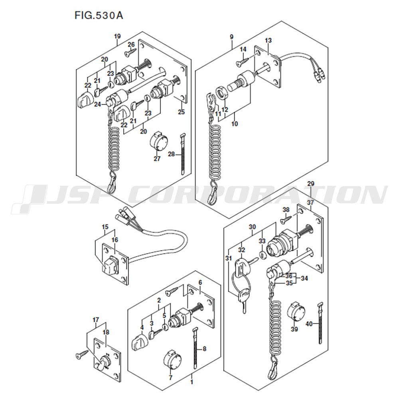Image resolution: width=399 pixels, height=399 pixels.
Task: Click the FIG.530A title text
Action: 99,16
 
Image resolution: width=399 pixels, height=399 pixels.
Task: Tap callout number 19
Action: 117,36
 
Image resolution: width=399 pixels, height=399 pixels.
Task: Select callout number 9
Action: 231,37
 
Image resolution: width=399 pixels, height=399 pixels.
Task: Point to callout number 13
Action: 268,40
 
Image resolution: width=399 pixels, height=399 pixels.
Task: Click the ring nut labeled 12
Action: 221,93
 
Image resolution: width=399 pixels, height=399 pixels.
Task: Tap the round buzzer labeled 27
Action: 158,141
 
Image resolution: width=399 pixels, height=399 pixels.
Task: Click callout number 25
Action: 182,112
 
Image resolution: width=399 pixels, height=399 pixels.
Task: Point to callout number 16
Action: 115,240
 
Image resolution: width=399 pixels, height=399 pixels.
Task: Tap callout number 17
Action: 96,320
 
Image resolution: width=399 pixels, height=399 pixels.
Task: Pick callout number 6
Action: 200,282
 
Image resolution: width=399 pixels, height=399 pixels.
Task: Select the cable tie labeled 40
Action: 320,323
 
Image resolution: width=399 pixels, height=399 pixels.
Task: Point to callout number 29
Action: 311,184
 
